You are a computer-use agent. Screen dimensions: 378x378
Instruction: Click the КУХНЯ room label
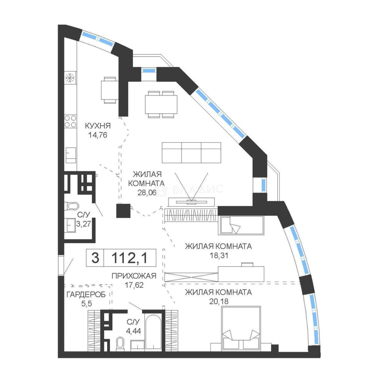(98, 126)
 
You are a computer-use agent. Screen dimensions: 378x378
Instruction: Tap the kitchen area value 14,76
(98, 135)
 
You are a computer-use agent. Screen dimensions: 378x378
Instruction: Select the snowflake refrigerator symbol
(70, 78)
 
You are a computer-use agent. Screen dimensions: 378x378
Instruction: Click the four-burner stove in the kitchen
(70, 121)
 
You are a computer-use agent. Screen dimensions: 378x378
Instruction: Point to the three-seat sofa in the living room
(191, 153)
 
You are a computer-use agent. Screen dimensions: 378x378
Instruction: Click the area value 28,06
(147, 192)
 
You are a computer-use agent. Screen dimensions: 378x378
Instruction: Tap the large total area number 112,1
(130, 258)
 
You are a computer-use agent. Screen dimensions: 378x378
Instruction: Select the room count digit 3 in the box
(95, 258)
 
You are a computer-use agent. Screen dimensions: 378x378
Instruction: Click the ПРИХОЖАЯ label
(134, 276)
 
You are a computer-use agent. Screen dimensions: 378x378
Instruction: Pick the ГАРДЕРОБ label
(86, 295)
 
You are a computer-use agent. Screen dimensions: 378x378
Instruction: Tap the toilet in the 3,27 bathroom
(72, 206)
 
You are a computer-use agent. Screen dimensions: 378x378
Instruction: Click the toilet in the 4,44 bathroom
(120, 343)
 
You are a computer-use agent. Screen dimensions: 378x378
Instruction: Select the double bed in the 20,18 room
(241, 328)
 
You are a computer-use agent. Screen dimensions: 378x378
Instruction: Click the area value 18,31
(219, 255)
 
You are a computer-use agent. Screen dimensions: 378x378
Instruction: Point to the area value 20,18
(219, 301)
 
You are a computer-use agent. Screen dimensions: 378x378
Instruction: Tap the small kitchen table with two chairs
(110, 90)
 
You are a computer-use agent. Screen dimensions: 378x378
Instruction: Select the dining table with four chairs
(161, 104)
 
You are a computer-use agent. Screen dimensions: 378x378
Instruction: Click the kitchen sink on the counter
(71, 155)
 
